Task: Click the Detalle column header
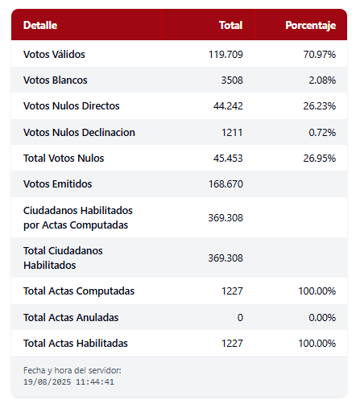point(40,25)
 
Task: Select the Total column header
point(231,25)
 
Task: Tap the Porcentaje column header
point(311,26)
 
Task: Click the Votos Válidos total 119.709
point(226,55)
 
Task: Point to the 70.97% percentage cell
point(320,55)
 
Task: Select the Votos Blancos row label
point(56,80)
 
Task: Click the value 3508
point(232,80)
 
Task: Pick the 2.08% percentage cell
point(322,80)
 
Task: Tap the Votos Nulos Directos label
point(72,106)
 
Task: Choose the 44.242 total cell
point(228,106)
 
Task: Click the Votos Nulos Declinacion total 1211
point(232,133)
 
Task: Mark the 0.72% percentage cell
point(322,133)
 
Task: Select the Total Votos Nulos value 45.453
point(228,159)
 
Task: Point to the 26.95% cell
point(320,159)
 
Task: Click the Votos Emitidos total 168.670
point(226,184)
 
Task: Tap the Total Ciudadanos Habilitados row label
point(63,258)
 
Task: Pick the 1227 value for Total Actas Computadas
point(232,291)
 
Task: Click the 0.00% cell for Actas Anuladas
point(322,318)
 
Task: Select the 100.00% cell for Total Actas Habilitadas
point(317,344)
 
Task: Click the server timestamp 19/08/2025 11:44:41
point(68,381)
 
